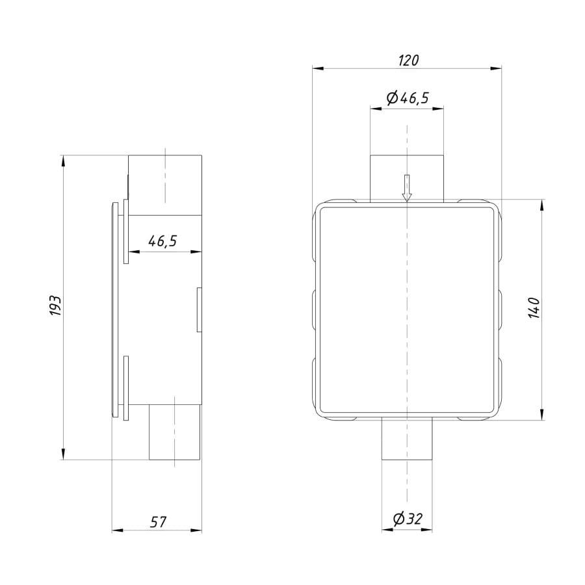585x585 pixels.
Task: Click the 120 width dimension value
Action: click(409, 60)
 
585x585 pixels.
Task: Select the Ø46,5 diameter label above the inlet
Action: click(408, 97)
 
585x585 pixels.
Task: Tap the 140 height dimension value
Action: click(534, 308)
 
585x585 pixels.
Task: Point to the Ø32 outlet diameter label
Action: click(408, 519)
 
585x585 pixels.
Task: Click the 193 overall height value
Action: click(55, 306)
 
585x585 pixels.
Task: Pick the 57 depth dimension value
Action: click(158, 522)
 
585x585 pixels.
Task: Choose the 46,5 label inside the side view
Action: click(162, 241)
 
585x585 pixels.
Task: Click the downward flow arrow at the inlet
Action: click(407, 188)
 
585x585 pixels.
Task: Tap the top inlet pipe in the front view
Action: click(407, 178)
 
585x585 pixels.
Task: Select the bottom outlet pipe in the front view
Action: click(407, 439)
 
